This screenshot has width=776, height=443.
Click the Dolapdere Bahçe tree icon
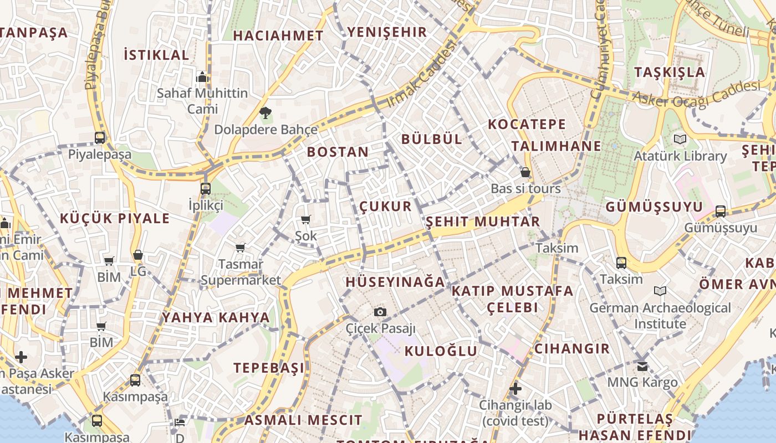(266, 113)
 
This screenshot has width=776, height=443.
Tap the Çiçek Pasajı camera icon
(380, 312)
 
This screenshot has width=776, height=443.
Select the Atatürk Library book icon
(680, 140)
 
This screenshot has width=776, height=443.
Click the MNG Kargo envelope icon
(642, 366)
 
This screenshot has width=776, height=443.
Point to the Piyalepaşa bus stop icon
(100, 138)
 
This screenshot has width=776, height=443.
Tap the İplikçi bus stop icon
(206, 189)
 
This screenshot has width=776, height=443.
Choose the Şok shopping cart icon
(305, 220)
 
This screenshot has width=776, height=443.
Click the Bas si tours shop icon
(525, 173)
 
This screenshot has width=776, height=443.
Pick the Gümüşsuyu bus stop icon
(720, 211)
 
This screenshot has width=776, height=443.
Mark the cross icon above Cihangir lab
(515, 389)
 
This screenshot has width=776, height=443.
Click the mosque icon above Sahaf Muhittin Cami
(202, 77)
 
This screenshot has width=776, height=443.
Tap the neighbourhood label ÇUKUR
(386, 207)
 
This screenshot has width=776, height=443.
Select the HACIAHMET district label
(278, 35)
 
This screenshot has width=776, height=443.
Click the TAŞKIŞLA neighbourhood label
(670, 72)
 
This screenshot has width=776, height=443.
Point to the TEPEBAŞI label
(269, 368)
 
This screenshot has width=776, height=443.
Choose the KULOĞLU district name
(441, 351)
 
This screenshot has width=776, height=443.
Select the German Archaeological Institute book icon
(660, 291)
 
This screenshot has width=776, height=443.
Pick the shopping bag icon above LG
(138, 255)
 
